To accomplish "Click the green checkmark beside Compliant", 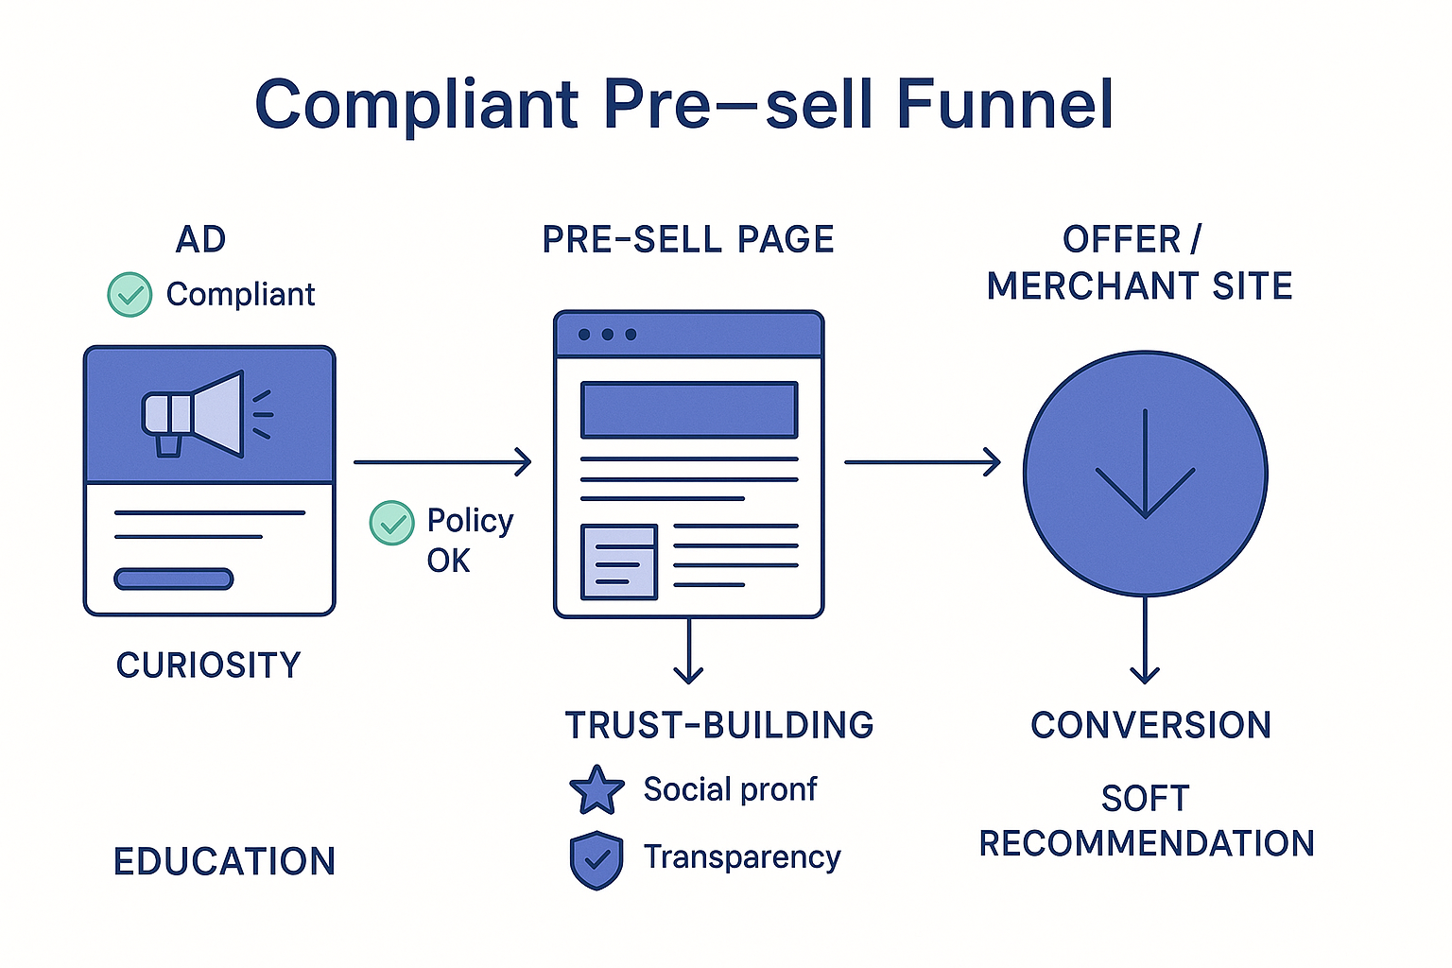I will click(130, 294).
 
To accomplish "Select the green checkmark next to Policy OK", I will click(391, 523).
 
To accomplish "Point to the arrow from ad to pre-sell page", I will click(441, 462).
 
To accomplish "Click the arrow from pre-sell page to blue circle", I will click(922, 462).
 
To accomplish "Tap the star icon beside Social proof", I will click(596, 790).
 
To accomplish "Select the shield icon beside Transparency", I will click(596, 859).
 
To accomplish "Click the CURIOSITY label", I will click(208, 665).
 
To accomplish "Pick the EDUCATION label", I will click(224, 861).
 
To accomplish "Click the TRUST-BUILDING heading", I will click(718, 725).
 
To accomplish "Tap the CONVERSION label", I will click(1150, 725).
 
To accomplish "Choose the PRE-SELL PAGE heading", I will click(687, 240).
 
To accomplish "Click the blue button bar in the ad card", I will click(173, 579).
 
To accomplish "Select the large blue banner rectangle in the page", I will click(689, 409).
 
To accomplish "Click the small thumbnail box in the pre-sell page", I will click(619, 562).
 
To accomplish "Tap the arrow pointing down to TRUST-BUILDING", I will click(688, 651).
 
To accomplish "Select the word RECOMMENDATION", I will click(1146, 843).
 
